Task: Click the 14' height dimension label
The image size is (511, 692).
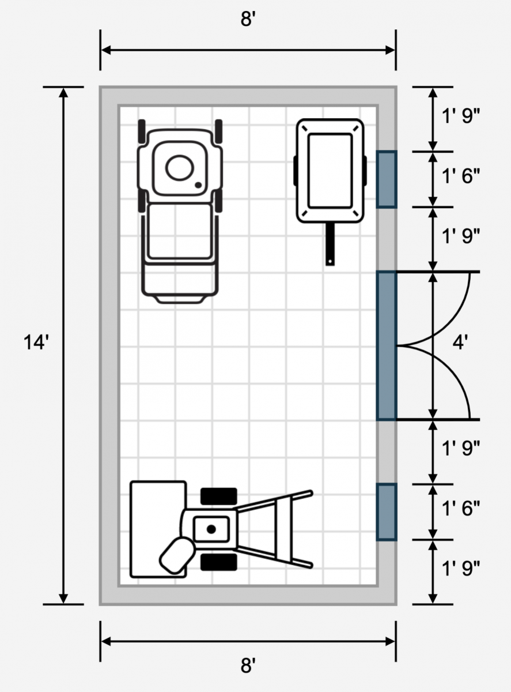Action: (36, 343)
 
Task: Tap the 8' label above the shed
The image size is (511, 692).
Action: (248, 18)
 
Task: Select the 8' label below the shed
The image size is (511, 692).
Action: (248, 665)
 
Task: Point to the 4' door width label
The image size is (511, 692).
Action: (460, 342)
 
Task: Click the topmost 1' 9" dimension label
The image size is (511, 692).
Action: (461, 116)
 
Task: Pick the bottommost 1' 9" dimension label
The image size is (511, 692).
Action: (461, 568)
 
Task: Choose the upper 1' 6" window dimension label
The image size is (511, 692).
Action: (461, 176)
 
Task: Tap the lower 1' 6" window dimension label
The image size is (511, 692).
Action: (461, 508)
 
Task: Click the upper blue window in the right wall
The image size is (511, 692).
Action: (387, 179)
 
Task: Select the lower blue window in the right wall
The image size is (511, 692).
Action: (387, 512)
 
